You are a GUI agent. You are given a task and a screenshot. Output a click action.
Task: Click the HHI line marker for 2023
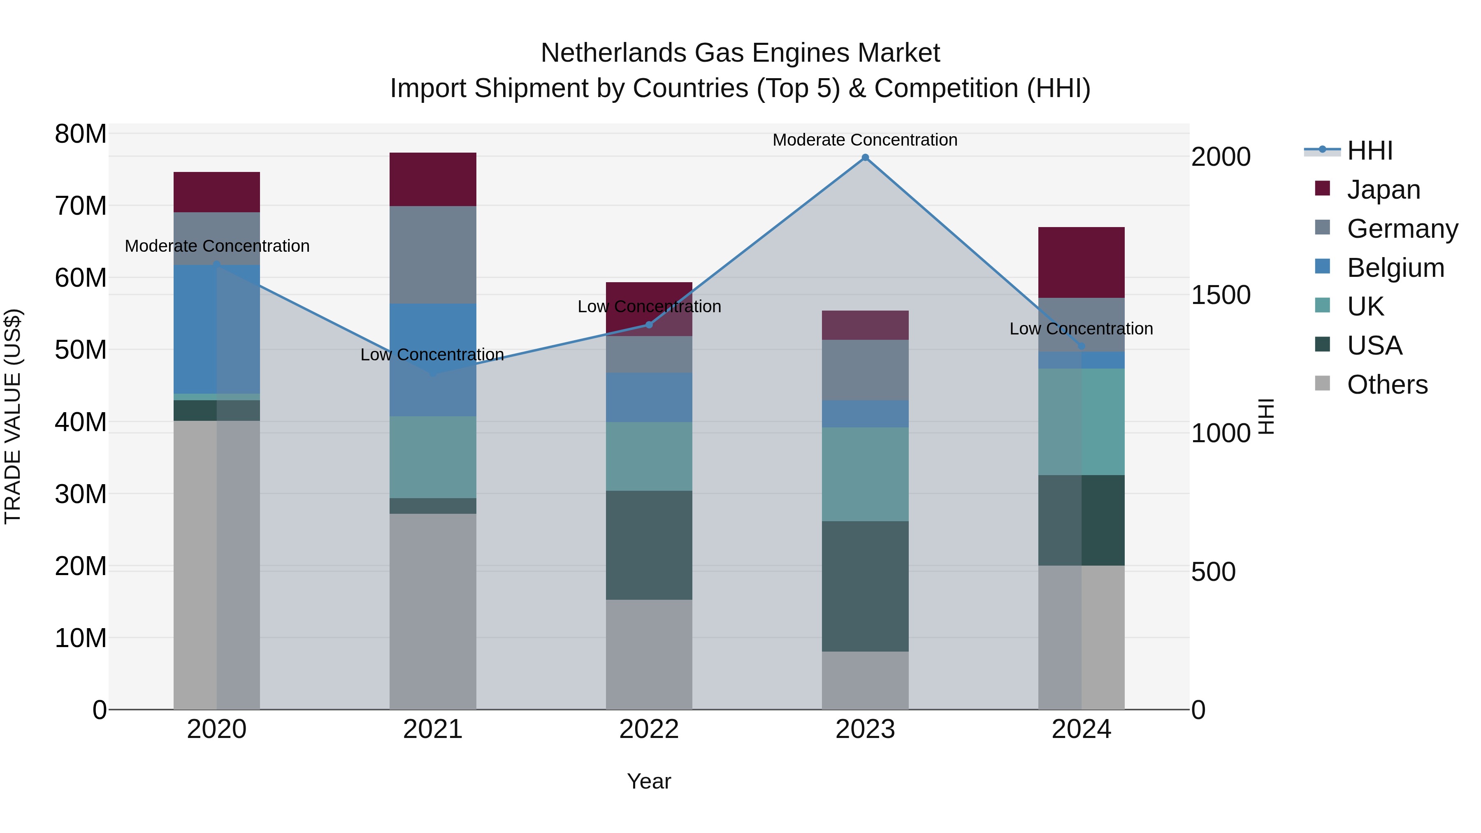pos(865,158)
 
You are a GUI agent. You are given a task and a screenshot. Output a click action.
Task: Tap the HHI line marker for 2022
pos(649,325)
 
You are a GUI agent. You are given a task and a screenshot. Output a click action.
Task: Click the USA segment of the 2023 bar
pos(865,586)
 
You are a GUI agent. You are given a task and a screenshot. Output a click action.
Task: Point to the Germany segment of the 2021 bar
pos(432,254)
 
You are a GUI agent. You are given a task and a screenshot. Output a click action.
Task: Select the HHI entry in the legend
pos(1370,151)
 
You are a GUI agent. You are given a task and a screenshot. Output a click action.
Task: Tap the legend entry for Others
pos(1387,385)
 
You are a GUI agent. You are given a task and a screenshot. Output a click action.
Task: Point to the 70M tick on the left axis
pos(81,206)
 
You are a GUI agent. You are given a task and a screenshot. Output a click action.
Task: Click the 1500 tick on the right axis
pos(1220,295)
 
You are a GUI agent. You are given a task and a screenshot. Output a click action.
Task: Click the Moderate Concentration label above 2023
pos(865,140)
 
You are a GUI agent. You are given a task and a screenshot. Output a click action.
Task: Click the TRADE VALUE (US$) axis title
pos(13,416)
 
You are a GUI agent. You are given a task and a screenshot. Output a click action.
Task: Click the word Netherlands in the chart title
pos(613,53)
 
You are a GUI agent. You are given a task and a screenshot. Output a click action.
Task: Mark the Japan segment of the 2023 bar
pos(865,325)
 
